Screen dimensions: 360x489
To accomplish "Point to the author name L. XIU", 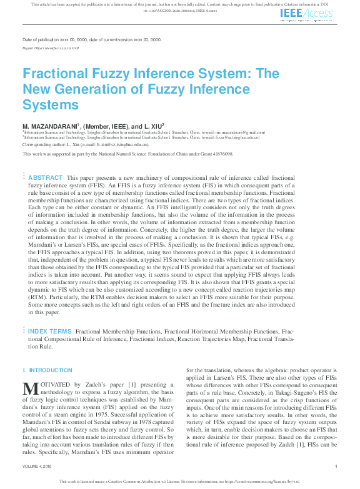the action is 153,126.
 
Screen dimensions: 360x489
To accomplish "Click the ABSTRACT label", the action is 46,177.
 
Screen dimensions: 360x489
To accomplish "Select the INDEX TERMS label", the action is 50,330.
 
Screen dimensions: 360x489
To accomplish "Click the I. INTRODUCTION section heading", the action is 47,370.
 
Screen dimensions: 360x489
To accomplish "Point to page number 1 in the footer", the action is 336,466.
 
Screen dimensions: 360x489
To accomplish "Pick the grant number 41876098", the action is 221,153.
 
